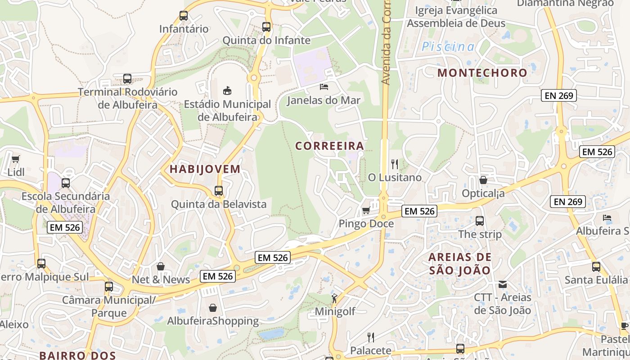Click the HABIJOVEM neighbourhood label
tap(205, 169)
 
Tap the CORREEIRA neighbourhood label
tap(329, 146)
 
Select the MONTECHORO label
tap(482, 72)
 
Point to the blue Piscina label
tap(448, 46)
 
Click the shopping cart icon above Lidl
tap(16, 159)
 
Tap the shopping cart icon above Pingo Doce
tap(366, 210)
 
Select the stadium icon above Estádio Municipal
tap(227, 90)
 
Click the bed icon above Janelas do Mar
tap(324, 86)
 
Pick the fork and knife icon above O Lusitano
tap(395, 164)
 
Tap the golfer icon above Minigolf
tap(334, 297)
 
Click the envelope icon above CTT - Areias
tap(503, 284)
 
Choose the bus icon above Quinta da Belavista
tap(219, 191)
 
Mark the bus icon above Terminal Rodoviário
tap(127, 79)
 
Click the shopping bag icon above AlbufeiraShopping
tap(213, 308)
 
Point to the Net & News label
tap(161, 279)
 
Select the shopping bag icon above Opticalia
tap(483, 180)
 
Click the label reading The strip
tap(480, 234)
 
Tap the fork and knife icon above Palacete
tap(371, 337)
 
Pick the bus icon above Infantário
tap(184, 16)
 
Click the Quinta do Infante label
tap(266, 40)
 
